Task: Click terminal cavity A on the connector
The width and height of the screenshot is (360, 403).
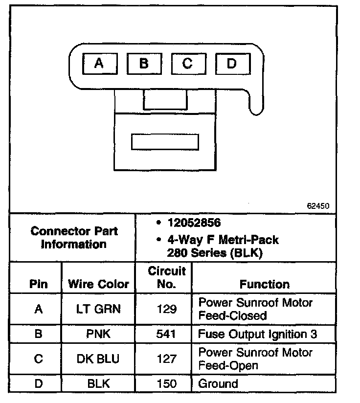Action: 99,63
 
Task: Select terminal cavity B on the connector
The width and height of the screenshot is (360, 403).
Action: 144,63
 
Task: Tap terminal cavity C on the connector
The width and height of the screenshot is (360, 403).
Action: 188,63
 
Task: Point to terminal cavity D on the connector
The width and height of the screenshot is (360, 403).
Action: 232,63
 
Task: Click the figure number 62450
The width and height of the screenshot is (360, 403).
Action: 318,206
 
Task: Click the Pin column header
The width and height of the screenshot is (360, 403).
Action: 39,284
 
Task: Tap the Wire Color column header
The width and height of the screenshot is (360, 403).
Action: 98,284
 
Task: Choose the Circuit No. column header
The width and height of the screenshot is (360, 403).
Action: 167,277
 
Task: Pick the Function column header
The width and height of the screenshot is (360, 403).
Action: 265,284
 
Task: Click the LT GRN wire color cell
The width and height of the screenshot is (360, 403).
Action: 98,309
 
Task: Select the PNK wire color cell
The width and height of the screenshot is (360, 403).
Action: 98,335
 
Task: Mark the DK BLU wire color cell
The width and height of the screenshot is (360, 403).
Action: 98,359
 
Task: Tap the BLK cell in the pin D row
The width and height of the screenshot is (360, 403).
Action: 98,384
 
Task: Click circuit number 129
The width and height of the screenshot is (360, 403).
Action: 167,309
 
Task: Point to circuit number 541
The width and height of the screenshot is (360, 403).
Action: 167,335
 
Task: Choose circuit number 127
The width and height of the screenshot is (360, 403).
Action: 167,359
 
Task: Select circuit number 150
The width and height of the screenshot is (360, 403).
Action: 167,384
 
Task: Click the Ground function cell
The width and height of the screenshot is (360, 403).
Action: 218,384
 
